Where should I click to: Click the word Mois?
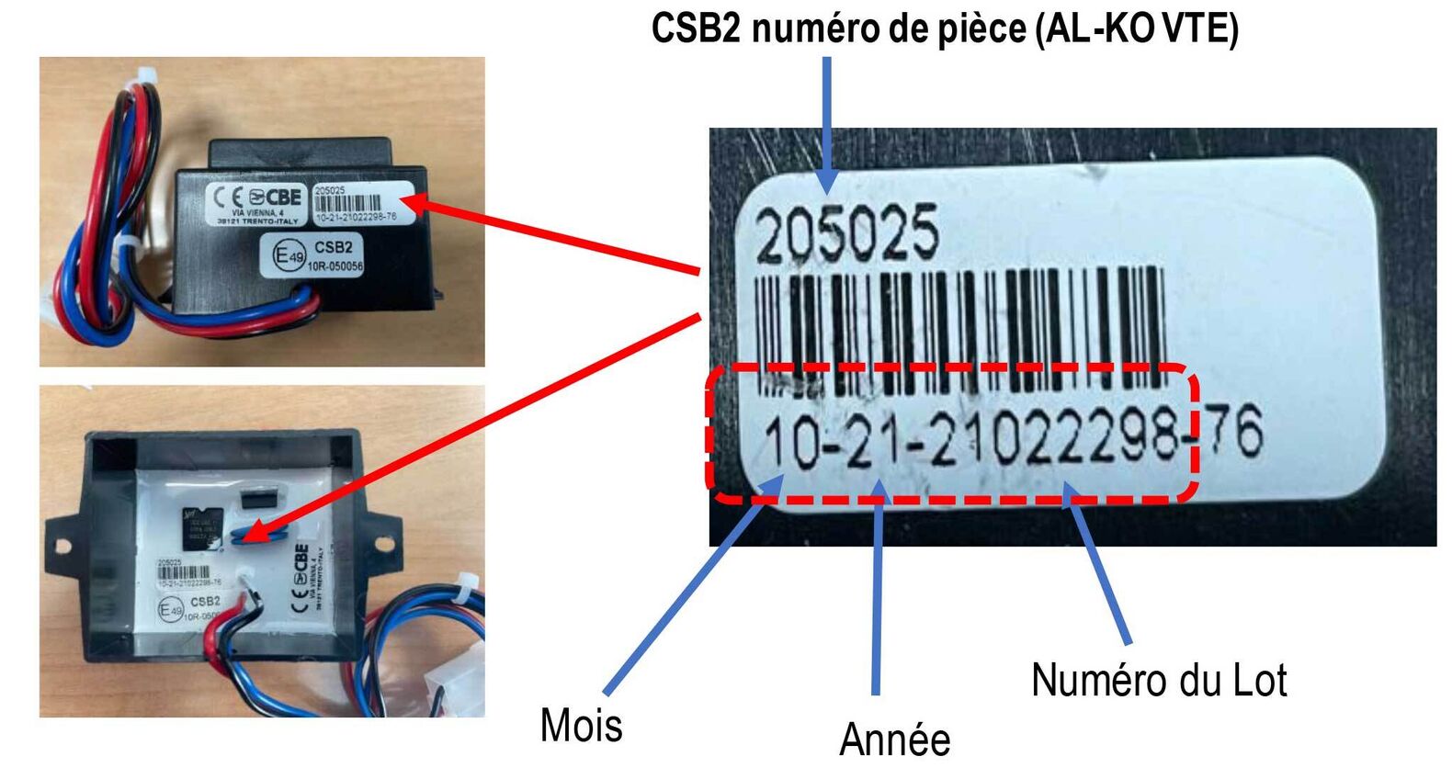[x=581, y=725]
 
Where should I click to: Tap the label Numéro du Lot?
[x=1158, y=681]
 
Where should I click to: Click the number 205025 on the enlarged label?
[x=846, y=233]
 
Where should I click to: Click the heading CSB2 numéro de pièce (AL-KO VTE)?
[x=944, y=28]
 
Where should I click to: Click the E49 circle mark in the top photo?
[x=289, y=256]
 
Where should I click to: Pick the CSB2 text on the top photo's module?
[x=333, y=247]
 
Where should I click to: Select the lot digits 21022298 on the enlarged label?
[x=1053, y=441]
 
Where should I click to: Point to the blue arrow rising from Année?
[x=878, y=588]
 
